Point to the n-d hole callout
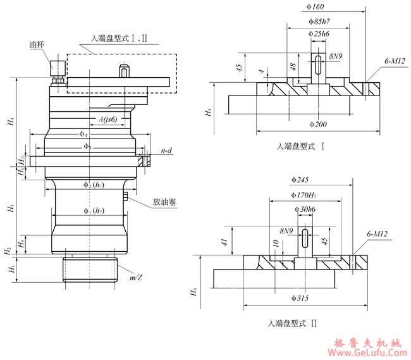(167, 151)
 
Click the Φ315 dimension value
(305, 297)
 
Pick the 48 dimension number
(292, 66)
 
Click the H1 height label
(9, 270)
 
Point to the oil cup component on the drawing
(58, 69)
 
